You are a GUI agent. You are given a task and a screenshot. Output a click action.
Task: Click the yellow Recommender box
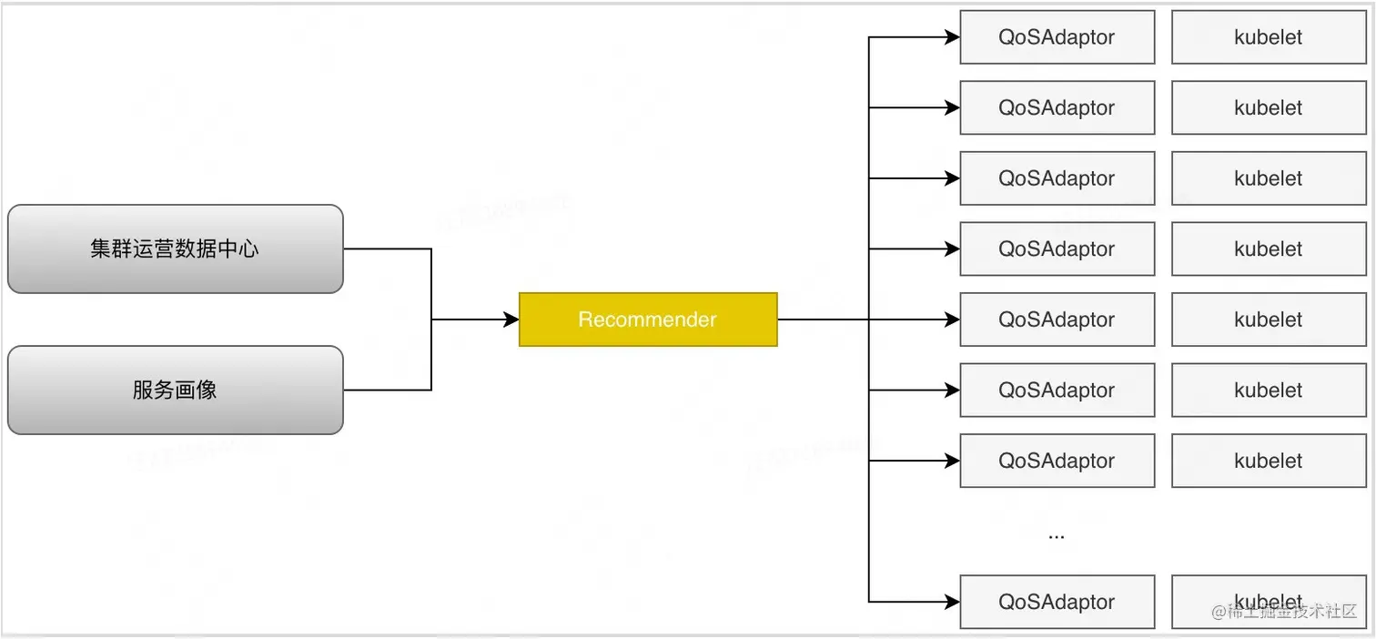pos(648,319)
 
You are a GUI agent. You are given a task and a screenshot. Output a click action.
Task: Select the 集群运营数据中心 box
pos(175,248)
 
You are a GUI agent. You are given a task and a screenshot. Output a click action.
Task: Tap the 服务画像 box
pos(175,390)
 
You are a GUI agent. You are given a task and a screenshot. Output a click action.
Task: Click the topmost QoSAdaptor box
pos(1057,37)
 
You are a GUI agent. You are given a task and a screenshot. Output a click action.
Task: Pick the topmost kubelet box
pos(1268,37)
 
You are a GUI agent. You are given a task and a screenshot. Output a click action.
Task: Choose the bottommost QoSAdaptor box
pos(1057,602)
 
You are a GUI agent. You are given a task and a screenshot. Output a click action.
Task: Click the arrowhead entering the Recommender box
pos(511,319)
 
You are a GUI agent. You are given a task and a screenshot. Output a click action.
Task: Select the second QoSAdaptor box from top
pos(1057,107)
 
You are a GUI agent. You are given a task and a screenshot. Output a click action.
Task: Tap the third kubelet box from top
pos(1268,178)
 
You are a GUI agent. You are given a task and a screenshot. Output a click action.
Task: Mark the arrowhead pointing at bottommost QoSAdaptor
pos(952,602)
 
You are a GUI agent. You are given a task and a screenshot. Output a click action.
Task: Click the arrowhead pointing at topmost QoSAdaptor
pos(952,37)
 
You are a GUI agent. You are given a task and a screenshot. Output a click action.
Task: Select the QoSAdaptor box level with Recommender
pos(1057,319)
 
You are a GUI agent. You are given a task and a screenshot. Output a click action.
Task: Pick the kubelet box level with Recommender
pos(1268,319)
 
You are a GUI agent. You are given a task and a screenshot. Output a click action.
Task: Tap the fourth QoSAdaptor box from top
pos(1057,248)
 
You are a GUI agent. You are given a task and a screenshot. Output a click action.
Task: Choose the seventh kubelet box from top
pos(1268,461)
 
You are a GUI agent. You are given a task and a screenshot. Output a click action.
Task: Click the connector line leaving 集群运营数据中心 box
pos(387,248)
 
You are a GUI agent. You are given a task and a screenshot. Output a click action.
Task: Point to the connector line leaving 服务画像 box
pos(387,390)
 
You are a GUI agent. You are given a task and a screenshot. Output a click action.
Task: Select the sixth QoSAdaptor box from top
pos(1057,390)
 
